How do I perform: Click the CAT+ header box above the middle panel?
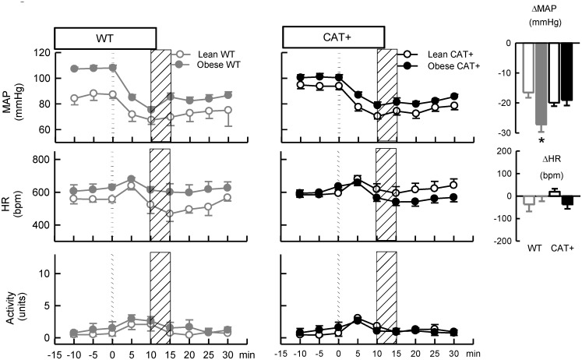[333, 37]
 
